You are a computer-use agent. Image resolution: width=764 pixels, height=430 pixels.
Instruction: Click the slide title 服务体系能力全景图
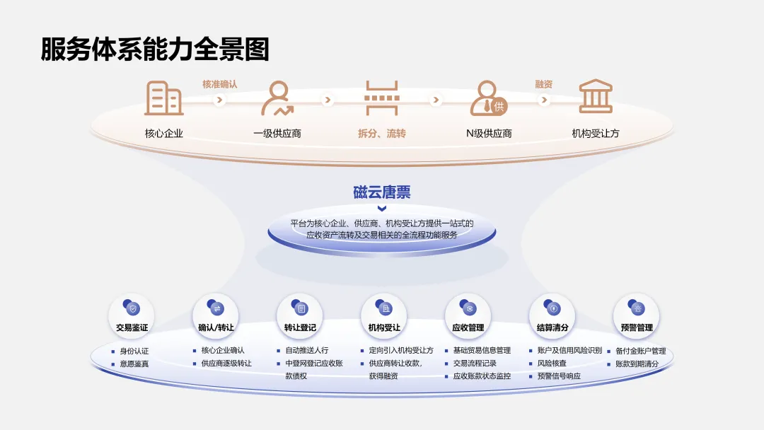[155, 50]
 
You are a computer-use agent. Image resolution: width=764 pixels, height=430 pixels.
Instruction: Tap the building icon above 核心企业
[163, 98]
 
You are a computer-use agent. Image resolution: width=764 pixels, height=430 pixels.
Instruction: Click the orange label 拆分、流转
[382, 133]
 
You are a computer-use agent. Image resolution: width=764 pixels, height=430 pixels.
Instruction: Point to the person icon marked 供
[488, 98]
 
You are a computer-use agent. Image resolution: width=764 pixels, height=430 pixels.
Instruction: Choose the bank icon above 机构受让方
[596, 97]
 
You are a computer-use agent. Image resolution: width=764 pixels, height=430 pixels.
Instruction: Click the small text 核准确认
[220, 84]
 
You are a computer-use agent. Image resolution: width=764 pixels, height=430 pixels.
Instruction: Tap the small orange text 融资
[543, 84]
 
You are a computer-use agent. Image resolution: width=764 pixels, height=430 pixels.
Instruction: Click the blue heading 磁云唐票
[382, 192]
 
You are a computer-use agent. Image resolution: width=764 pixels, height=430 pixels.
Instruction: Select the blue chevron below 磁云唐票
[382, 209]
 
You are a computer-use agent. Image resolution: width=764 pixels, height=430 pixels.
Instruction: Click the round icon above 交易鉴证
[132, 308]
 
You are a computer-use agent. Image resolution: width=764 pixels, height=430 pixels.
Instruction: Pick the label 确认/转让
[216, 328]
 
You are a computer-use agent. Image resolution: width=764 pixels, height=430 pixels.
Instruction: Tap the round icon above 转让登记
[300, 308]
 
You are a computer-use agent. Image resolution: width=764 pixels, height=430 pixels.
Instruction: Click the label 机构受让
[384, 328]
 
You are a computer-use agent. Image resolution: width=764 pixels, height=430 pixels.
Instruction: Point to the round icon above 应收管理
[468, 308]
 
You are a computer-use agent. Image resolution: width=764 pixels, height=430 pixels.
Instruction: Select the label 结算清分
[552, 328]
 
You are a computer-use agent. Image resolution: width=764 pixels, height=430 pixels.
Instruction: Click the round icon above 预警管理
[636, 308]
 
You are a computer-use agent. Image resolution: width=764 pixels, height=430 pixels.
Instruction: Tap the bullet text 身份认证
[134, 351]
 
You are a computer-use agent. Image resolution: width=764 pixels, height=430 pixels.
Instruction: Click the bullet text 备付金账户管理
[640, 351]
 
